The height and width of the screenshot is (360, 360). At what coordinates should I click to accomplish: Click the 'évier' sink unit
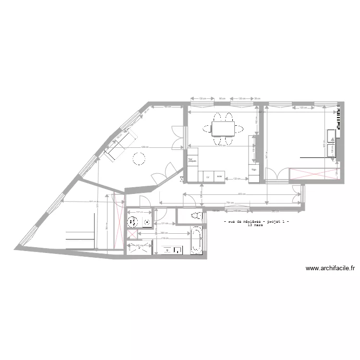(219, 177)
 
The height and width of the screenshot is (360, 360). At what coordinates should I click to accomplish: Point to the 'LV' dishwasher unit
(208, 177)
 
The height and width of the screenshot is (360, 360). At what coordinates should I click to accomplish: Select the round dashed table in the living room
(139, 158)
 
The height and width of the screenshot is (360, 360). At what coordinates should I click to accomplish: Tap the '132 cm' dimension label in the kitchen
(236, 179)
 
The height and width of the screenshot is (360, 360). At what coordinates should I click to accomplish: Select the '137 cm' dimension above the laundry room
(139, 212)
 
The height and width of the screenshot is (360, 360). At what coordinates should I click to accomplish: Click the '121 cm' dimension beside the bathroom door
(163, 224)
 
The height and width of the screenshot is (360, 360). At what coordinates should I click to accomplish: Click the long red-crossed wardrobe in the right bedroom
(314, 173)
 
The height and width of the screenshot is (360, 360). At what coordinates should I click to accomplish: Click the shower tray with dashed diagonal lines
(140, 248)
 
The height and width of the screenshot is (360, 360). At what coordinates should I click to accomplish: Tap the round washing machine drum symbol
(132, 222)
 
